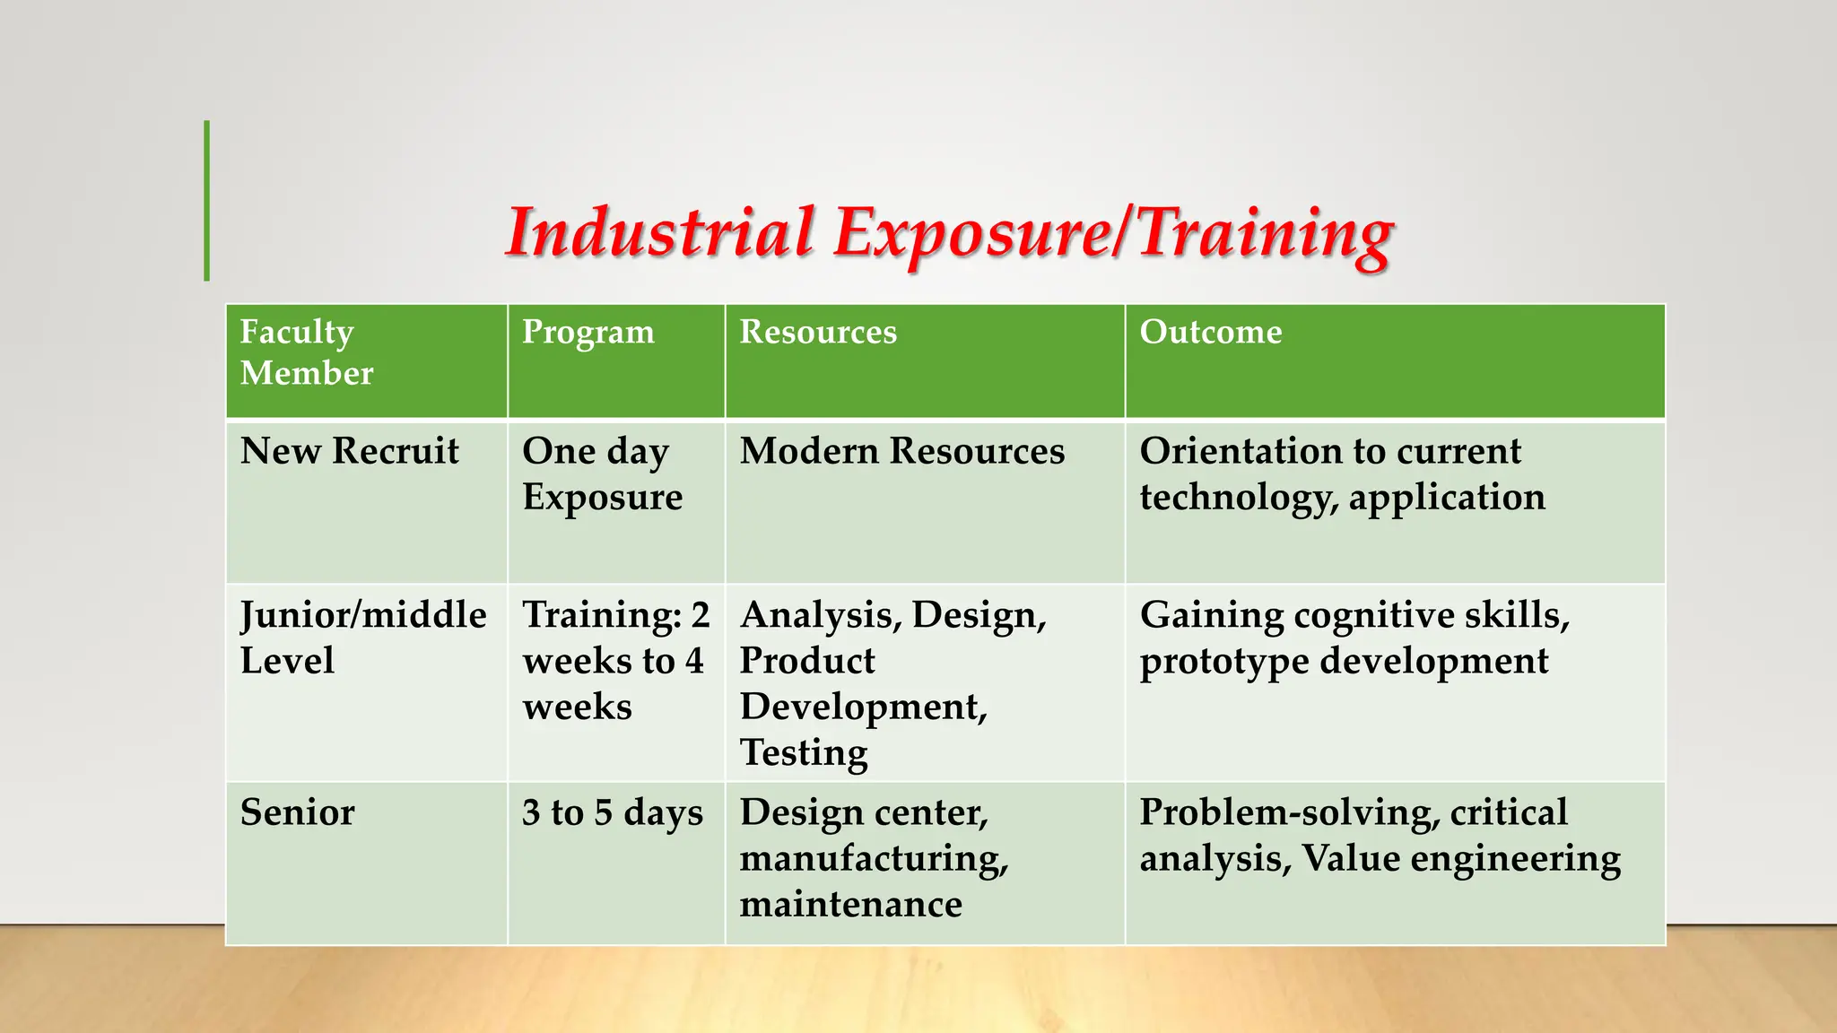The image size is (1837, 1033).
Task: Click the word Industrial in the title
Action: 660,233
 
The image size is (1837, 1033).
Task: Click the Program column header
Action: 588,333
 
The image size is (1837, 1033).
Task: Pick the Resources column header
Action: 817,333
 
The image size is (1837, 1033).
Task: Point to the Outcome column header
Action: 1210,333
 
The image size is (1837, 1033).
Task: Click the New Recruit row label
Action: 349,451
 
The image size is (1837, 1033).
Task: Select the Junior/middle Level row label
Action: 362,638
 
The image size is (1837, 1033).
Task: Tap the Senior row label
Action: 297,812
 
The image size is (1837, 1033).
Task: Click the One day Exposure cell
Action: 602,473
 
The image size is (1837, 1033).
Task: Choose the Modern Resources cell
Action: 901,451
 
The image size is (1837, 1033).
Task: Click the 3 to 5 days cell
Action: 612,812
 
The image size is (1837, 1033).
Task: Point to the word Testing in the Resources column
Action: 803,753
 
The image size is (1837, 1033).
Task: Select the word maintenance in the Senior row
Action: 850,904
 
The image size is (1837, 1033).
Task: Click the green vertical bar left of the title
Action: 207,201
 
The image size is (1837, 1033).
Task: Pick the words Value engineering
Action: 1460,859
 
